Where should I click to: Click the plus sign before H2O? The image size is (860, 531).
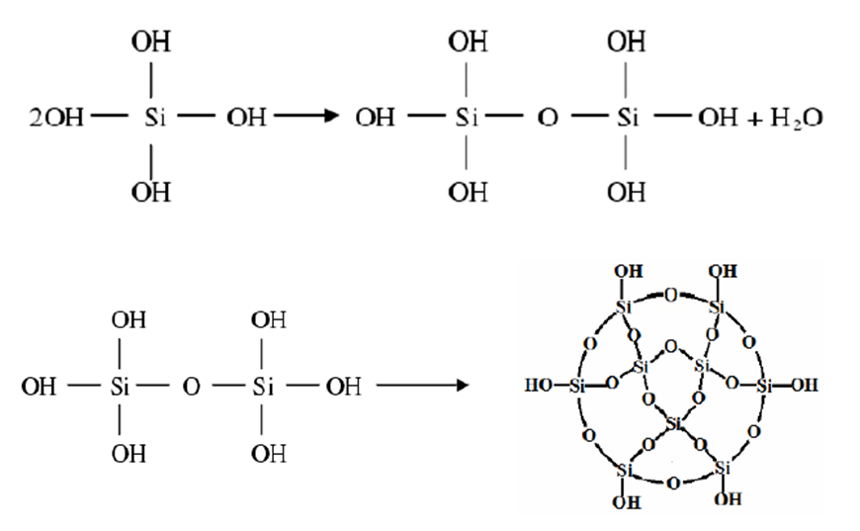click(x=753, y=120)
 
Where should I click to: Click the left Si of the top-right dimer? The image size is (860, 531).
click(x=467, y=120)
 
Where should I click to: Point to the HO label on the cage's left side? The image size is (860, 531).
click(x=541, y=386)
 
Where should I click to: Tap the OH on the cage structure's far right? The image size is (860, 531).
click(x=804, y=386)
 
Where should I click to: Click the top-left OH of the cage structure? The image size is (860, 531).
click(x=625, y=270)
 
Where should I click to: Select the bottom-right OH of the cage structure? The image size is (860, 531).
click(x=728, y=500)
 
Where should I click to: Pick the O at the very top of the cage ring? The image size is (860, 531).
click(x=671, y=295)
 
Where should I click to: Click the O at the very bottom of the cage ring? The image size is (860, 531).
click(x=672, y=484)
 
